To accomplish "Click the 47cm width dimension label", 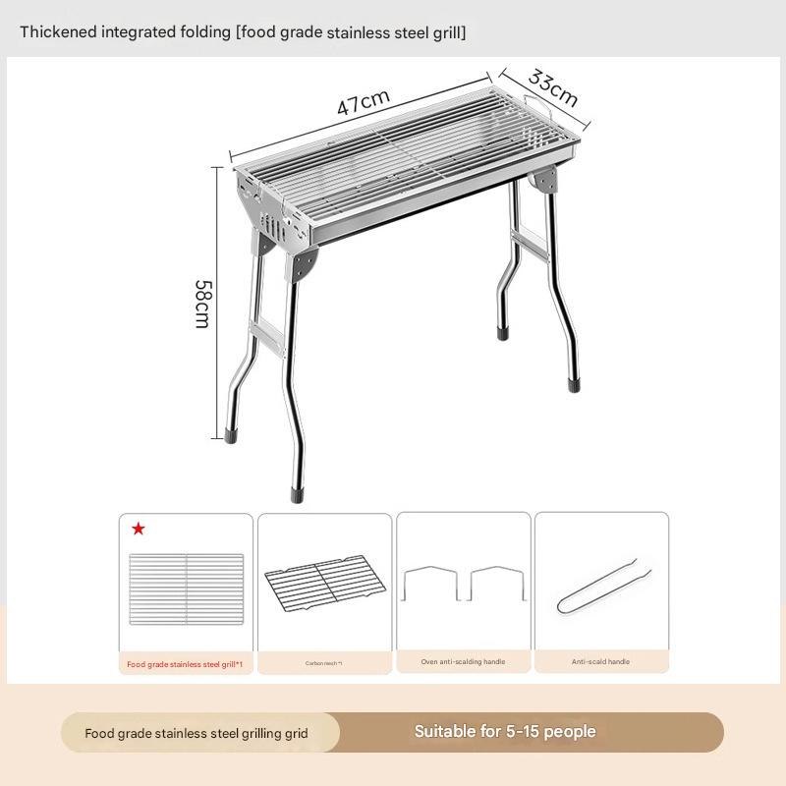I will [x=364, y=102].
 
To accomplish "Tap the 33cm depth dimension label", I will [x=553, y=88].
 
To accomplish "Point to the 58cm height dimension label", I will [x=202, y=304].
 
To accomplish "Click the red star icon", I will [x=139, y=530].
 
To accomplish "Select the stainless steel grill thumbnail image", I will [x=186, y=589].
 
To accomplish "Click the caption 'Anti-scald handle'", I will [x=600, y=662].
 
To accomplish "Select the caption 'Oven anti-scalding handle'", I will [x=463, y=662].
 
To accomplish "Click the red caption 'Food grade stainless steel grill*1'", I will [x=186, y=664].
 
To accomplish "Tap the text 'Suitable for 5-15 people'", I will [x=505, y=732].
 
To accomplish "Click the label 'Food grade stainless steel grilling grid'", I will [x=196, y=733].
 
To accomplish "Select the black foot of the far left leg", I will [x=231, y=432].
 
